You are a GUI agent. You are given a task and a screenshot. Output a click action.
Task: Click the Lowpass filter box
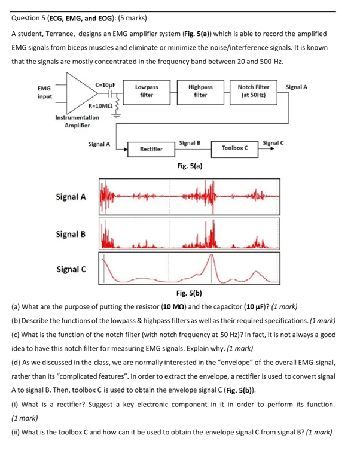[x=146, y=91]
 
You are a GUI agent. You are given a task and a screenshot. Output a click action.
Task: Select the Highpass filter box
[x=200, y=91]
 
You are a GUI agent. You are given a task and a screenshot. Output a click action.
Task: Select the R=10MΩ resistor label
[x=101, y=105]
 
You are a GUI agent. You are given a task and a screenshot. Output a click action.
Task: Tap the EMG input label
[x=45, y=92]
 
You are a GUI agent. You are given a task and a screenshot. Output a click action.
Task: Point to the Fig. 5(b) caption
[x=189, y=293]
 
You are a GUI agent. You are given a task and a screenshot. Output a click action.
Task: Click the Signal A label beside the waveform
[x=71, y=197]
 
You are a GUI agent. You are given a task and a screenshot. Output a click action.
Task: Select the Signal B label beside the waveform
[x=71, y=234]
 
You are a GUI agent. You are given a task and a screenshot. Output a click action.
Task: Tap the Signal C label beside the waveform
[x=71, y=269]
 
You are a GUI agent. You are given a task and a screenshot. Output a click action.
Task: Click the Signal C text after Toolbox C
[x=273, y=143]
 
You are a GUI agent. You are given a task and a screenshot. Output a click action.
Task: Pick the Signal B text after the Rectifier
[x=189, y=143]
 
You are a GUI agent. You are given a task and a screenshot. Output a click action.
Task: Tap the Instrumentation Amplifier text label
[x=77, y=121]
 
